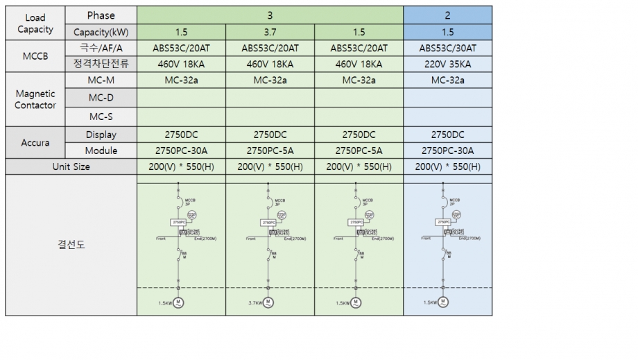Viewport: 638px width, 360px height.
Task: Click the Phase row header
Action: click(x=101, y=15)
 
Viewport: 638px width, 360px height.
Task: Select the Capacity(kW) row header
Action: click(x=101, y=32)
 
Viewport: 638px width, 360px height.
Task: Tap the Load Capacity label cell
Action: click(x=35, y=24)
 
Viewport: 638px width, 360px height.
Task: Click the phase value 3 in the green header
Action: click(x=270, y=15)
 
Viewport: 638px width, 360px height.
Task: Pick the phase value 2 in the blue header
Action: click(x=447, y=15)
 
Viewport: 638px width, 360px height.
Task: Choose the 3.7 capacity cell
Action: click(x=270, y=32)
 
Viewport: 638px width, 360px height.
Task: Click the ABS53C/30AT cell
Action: click(x=447, y=49)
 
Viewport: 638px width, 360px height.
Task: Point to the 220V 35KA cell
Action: click(x=447, y=64)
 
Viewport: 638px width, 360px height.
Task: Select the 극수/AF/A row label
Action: click(x=101, y=49)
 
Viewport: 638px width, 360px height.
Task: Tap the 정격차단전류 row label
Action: click(x=101, y=64)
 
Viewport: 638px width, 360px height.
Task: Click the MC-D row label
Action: click(x=101, y=98)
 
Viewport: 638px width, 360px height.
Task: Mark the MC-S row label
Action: click(x=101, y=117)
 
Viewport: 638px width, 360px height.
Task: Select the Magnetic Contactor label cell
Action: click(x=35, y=99)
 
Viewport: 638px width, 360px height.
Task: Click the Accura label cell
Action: click(x=35, y=142)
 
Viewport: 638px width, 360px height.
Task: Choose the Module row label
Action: click(x=101, y=151)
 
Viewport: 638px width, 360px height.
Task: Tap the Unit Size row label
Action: click(x=71, y=166)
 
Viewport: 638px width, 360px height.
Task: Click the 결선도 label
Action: click(x=71, y=245)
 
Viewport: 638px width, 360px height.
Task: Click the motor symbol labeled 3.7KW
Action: click(x=268, y=302)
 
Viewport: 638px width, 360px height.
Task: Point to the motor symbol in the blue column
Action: click(x=445, y=302)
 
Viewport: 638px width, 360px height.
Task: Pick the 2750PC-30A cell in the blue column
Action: click(x=447, y=151)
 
